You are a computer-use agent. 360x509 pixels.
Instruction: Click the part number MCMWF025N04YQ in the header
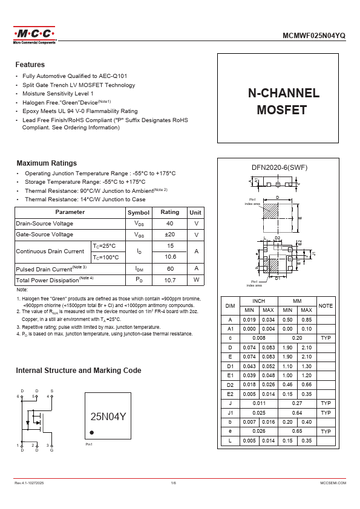(315, 36)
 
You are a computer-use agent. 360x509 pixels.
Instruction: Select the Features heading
(30, 65)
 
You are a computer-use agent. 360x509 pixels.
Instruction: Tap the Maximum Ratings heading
(47, 163)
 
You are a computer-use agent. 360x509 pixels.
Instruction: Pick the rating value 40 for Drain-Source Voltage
(170, 223)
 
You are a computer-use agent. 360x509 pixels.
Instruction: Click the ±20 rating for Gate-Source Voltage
(170, 235)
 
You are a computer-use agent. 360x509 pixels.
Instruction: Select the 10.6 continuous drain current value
(170, 257)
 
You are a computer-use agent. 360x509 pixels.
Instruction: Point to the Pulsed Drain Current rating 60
(170, 268)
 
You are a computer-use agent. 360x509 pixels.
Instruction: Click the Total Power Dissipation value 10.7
(170, 280)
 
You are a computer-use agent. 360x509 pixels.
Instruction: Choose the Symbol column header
(138, 212)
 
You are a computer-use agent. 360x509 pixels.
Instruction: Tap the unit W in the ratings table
(196, 280)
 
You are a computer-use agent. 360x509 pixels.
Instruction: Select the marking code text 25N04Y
(108, 417)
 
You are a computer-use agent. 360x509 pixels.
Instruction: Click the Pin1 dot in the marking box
(92, 432)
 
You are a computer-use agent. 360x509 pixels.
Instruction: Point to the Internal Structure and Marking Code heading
(79, 371)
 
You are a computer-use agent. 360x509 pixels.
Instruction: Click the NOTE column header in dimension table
(326, 306)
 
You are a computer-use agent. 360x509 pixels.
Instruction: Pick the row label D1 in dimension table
(230, 366)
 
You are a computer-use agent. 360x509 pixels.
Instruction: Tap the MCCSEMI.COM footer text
(333, 483)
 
